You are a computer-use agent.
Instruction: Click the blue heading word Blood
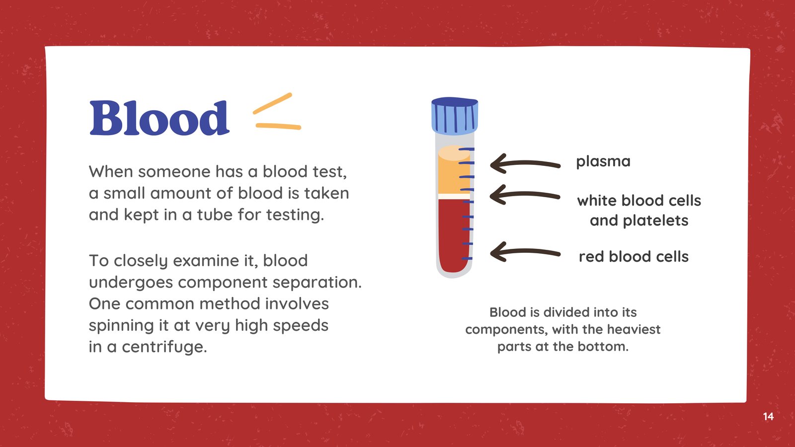pos(159,118)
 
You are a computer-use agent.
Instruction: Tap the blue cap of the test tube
pos(455,116)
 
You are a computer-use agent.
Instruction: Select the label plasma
pos(603,162)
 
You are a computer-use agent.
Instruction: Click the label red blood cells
pos(634,256)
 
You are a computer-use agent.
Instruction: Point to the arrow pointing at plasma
pos(525,164)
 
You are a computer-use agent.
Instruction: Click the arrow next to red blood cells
pos(525,252)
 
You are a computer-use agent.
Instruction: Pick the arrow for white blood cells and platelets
pos(525,195)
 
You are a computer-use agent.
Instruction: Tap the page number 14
pos(768,417)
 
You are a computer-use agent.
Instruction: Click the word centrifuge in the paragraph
pos(164,347)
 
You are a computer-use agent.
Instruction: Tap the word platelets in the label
pos(655,221)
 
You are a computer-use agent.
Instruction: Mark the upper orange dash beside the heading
pos(272,104)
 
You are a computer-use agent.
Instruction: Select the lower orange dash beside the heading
pos(279,126)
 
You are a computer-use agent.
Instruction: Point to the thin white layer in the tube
pos(454,197)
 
